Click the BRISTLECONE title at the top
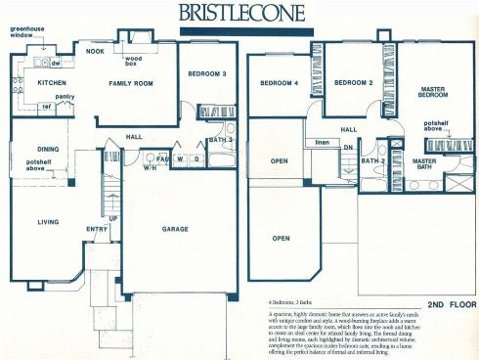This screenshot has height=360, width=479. (x=240, y=12)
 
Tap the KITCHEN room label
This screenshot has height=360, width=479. (x=51, y=84)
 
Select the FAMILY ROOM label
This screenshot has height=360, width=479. (x=130, y=84)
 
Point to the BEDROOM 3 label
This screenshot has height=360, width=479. (x=208, y=74)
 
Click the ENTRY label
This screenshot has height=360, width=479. (x=97, y=230)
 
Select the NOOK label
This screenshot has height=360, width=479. (x=95, y=51)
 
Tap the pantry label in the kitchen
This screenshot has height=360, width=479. (x=65, y=97)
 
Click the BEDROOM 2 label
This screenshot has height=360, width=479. (x=354, y=83)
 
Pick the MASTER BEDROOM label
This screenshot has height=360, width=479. (x=432, y=93)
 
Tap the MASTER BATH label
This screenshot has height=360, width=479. (x=423, y=164)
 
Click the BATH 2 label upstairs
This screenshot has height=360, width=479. (x=371, y=160)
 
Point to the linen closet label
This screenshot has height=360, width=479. (x=322, y=143)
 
